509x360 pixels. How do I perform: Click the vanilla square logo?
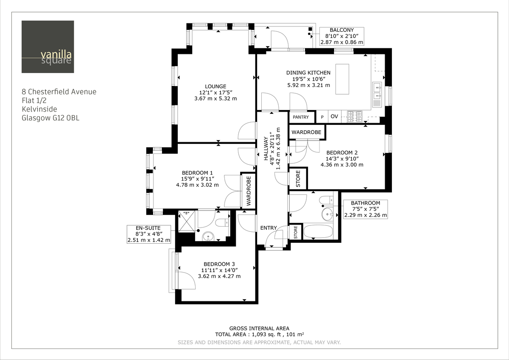coord(48,47)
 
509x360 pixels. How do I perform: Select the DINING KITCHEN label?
coord(308,73)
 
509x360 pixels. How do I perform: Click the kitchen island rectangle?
coord(342,79)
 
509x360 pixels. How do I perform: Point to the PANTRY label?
coord(301,117)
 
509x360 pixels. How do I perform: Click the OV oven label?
coord(334,116)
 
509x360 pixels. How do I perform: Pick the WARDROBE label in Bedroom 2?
coord(306,132)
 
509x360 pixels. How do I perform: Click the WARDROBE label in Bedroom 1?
coord(249,191)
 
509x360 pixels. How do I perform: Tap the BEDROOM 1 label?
coord(197,172)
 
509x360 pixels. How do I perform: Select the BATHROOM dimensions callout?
coord(365,209)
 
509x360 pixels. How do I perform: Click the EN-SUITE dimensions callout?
coord(149,234)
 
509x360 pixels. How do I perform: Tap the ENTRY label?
coord(268,228)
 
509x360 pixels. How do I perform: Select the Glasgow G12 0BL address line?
coord(50,118)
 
